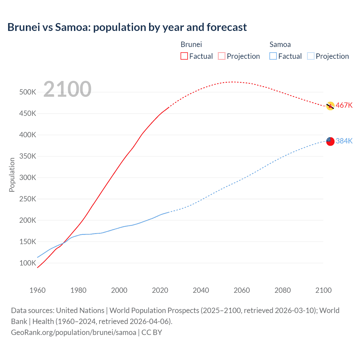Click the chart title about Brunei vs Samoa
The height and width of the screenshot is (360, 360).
click(127, 27)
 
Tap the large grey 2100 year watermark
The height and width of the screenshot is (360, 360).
click(67, 89)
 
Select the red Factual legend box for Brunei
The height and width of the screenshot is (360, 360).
click(184, 56)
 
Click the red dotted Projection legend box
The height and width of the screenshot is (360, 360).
click(222, 56)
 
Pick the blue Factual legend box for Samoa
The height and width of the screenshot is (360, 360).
click(273, 56)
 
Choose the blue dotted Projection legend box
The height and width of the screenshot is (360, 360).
click(310, 56)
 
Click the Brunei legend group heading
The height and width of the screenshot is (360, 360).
click(191, 44)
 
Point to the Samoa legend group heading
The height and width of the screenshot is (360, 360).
click(280, 44)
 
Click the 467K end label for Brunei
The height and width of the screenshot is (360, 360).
click(344, 105)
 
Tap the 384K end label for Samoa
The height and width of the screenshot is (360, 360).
click(344, 141)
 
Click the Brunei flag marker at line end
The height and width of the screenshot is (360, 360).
click(330, 106)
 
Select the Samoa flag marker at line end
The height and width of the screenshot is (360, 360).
click(330, 141)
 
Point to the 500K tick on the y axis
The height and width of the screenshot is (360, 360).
click(28, 92)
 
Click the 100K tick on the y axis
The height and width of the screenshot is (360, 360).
click(28, 263)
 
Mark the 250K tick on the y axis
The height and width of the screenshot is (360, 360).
click(28, 199)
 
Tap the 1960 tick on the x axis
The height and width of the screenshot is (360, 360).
click(37, 290)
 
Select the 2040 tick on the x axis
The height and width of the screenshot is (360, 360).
click(201, 290)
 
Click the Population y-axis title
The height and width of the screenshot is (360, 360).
click(12, 175)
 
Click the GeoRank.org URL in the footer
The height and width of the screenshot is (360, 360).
click(74, 332)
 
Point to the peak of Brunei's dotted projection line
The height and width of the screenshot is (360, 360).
click(232, 82)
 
